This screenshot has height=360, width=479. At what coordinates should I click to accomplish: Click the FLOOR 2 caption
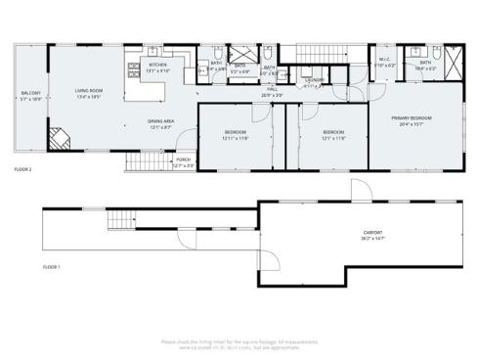(x=23, y=169)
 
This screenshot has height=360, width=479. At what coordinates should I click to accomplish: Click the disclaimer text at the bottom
(x=239, y=343)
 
